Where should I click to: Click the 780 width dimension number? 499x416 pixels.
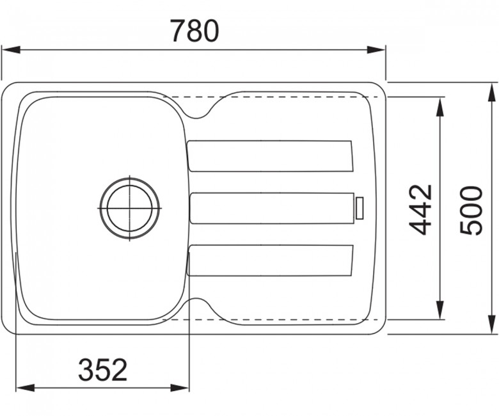[194, 31]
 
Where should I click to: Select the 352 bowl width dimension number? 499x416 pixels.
[103, 369]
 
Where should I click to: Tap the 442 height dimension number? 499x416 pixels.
[420, 210]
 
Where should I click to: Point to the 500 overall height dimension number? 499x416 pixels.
[471, 211]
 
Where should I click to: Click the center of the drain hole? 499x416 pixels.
[129, 209]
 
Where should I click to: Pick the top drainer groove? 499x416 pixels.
[270, 156]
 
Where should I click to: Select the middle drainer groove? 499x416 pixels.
[272, 208]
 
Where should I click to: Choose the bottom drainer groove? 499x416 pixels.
[270, 260]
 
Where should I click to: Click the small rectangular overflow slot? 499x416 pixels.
[360, 208]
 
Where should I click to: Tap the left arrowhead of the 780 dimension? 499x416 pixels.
[11, 50]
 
